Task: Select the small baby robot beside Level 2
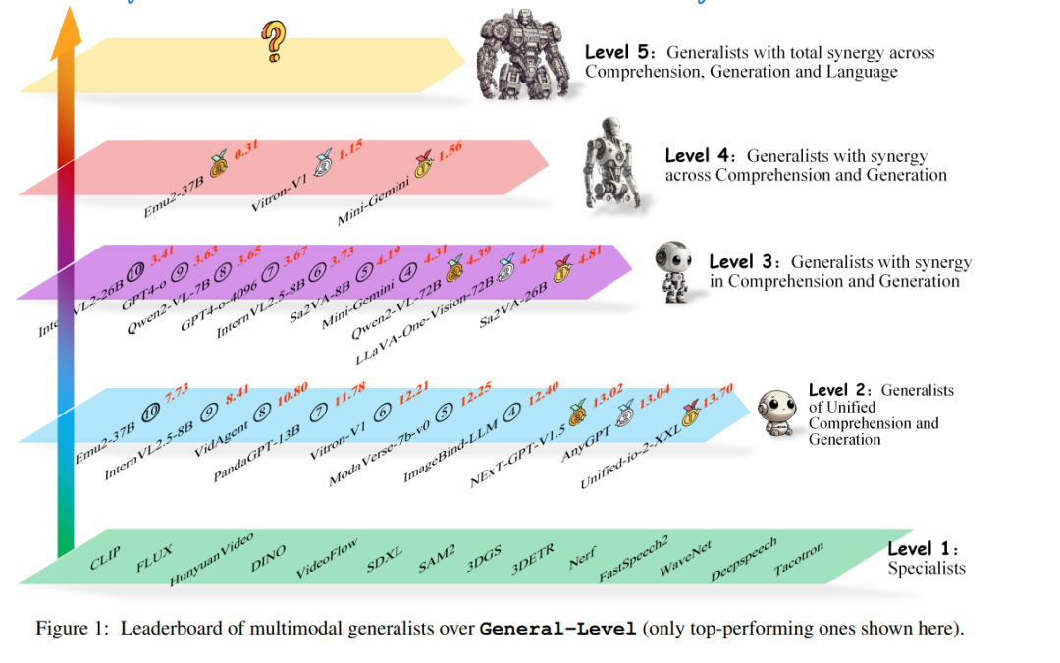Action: (x=778, y=414)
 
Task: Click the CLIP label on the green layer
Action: (x=104, y=560)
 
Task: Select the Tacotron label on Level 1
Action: (x=799, y=558)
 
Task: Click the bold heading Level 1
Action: (x=923, y=550)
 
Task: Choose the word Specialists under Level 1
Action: (x=927, y=568)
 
